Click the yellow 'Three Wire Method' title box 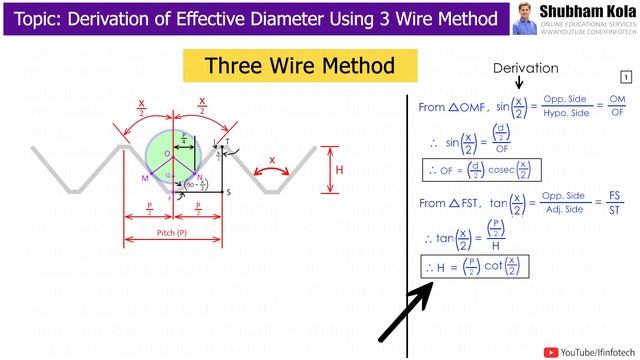pyautogui.click(x=299, y=67)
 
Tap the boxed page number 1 pyautogui.click(x=626, y=77)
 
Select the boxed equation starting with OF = pyautogui.click(x=476, y=169)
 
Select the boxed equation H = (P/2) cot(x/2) pyautogui.click(x=476, y=267)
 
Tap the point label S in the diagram pyautogui.click(x=228, y=191)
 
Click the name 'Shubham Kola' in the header pyautogui.click(x=586, y=12)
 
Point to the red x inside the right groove pyautogui.click(x=272, y=160)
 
